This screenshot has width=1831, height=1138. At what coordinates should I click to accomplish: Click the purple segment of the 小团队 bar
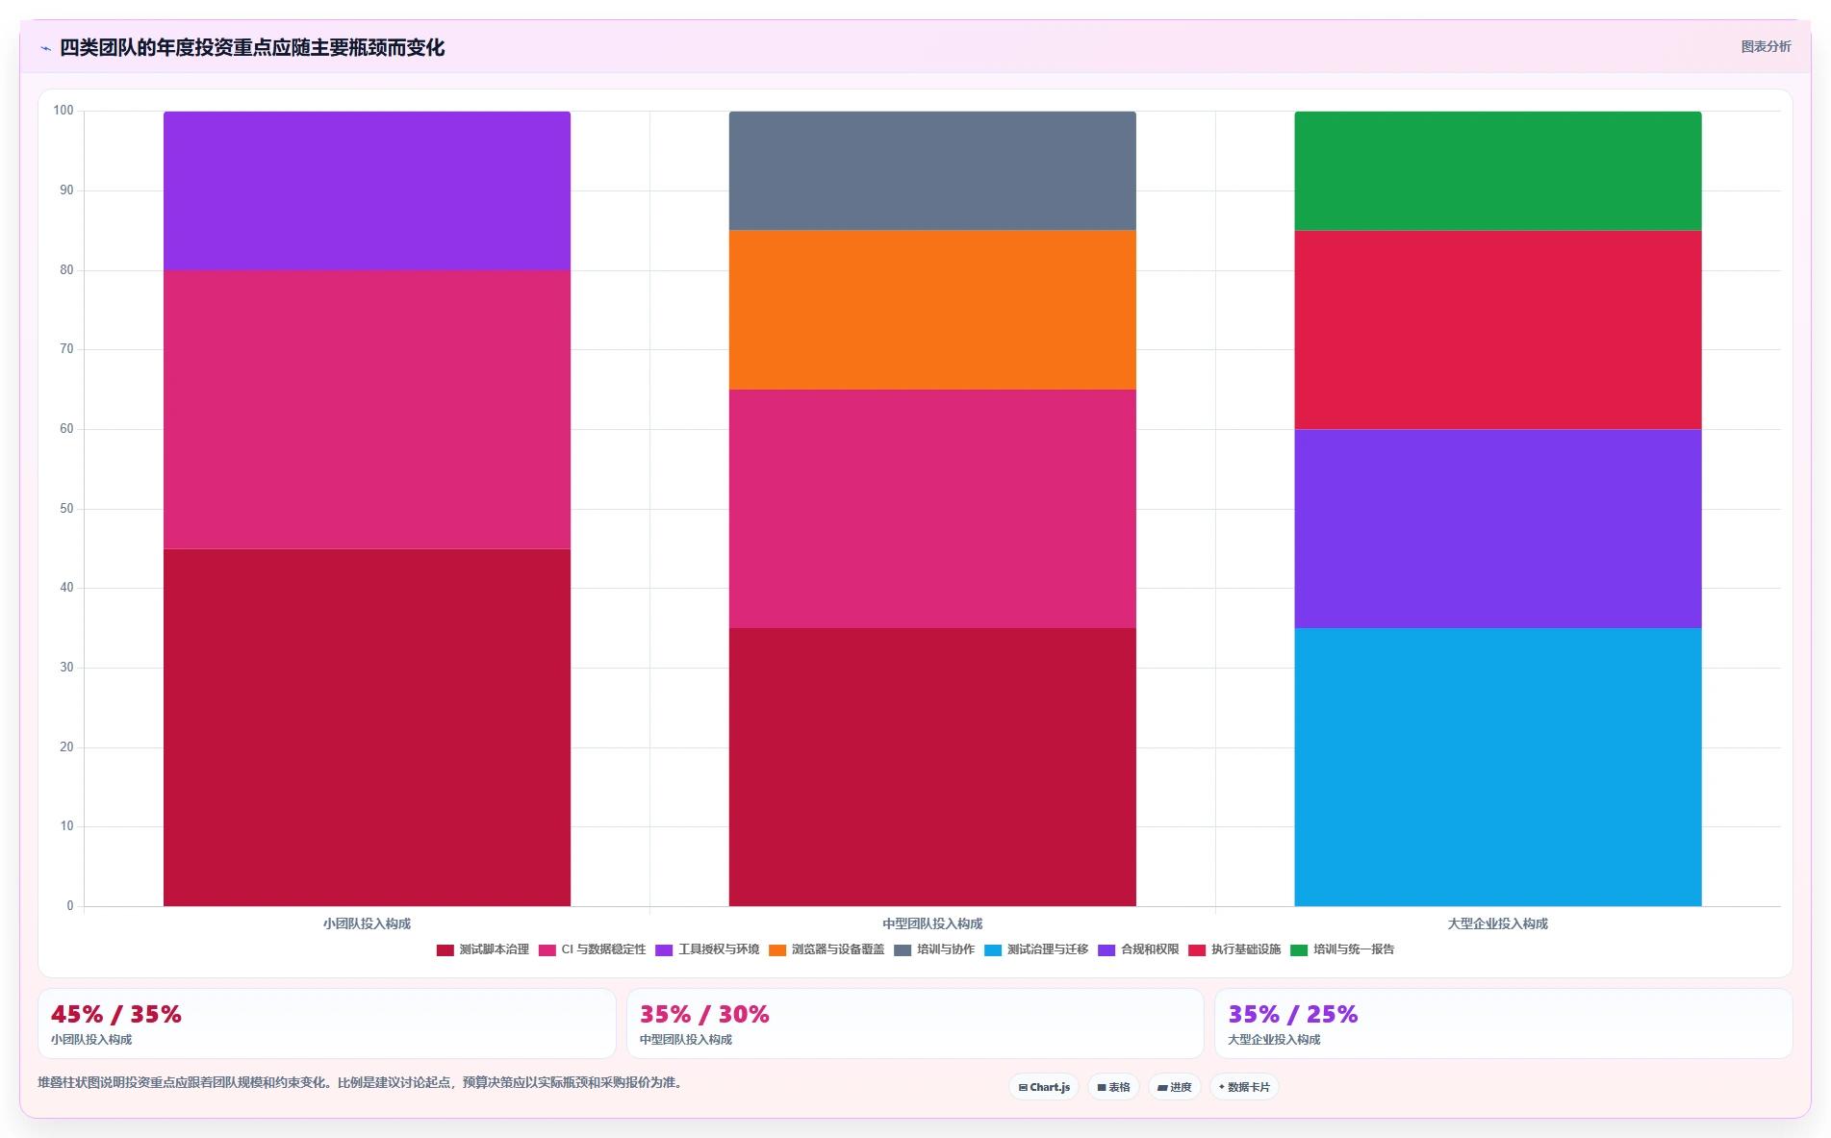tap(367, 190)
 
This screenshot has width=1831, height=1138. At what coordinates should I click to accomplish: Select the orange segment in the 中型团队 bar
tap(932, 310)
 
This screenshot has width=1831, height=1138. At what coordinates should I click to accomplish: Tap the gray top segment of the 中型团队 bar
tap(932, 170)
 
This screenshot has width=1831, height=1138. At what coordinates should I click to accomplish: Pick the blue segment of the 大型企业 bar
tap(1498, 767)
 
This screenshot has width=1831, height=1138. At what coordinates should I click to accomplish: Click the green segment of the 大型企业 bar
tap(1498, 170)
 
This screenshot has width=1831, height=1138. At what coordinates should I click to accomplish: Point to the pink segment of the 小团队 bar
tap(367, 410)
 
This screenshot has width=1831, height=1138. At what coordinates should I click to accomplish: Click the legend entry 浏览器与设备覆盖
tap(826, 949)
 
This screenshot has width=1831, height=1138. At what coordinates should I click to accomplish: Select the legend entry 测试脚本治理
tap(483, 949)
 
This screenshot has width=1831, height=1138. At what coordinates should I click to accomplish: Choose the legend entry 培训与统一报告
tap(1342, 949)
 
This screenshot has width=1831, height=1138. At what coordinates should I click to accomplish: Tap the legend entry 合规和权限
tap(1138, 949)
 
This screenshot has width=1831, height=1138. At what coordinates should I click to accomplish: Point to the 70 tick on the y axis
tap(66, 349)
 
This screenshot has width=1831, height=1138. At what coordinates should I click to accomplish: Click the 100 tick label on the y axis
tap(64, 111)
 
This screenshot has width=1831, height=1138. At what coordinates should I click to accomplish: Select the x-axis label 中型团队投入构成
tap(932, 923)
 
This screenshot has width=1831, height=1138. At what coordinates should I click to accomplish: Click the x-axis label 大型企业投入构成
tap(1498, 923)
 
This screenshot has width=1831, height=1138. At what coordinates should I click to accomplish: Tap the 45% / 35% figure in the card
tap(116, 1014)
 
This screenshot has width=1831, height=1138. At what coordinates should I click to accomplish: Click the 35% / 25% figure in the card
tap(1293, 1014)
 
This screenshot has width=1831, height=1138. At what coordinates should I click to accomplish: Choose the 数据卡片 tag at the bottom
tap(1244, 1087)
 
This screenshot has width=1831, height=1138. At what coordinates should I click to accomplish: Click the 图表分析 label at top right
tap(1767, 46)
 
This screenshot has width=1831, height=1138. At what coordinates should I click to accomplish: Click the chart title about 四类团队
tap(252, 47)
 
